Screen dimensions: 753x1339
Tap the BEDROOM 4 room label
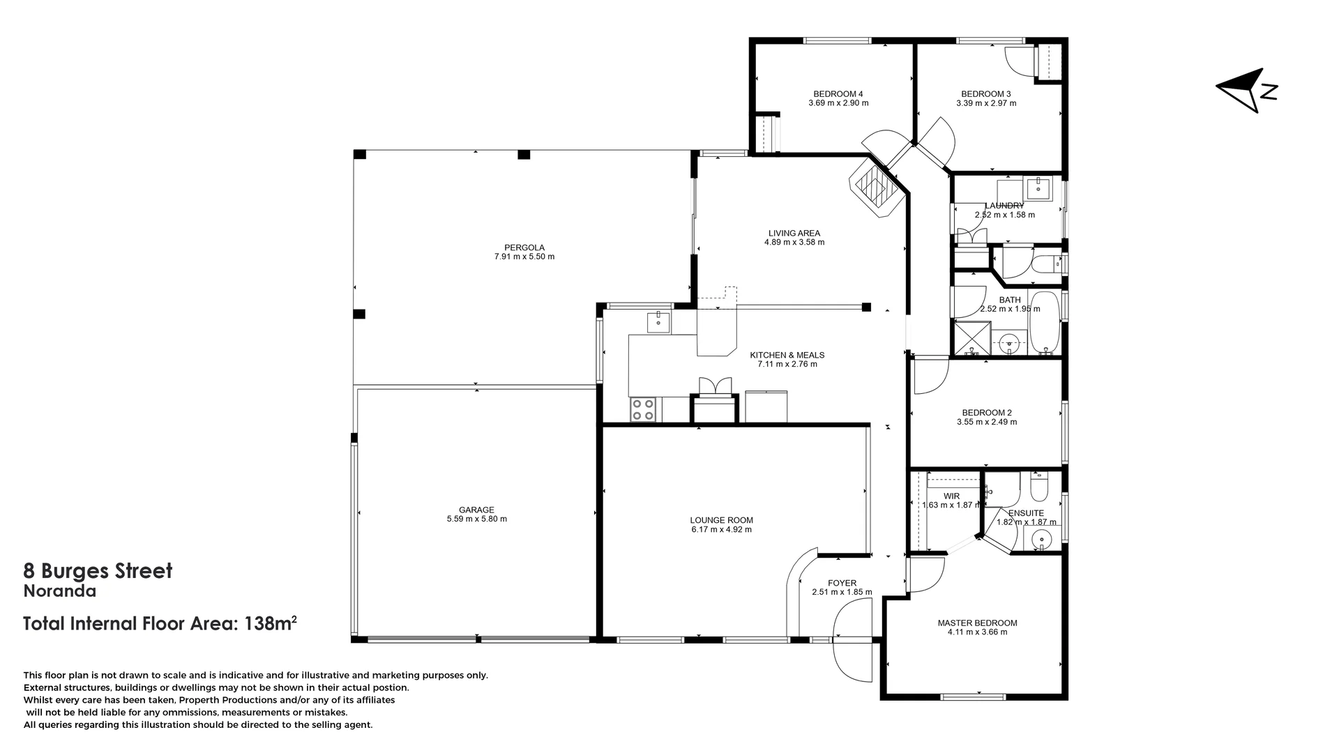[x=838, y=94]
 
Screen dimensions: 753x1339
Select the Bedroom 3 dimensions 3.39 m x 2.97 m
[x=986, y=103]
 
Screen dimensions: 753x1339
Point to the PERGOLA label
[x=524, y=248]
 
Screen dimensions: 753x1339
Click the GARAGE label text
[x=476, y=510]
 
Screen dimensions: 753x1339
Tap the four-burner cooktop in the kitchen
[x=643, y=409]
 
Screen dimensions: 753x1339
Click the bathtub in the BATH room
[x=1044, y=322]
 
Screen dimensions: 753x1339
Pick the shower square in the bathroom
[x=971, y=338]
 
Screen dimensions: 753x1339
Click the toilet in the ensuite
[x=1039, y=489]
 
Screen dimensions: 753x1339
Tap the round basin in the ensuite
[x=1041, y=539]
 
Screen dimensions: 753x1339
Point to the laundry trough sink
[x=1038, y=187]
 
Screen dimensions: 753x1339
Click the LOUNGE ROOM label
[x=721, y=520]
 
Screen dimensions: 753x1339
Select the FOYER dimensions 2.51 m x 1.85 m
[x=842, y=592]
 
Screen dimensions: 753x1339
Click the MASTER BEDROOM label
[x=977, y=623]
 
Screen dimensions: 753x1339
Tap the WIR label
[x=951, y=496]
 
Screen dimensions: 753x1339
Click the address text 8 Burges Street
[x=98, y=571]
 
